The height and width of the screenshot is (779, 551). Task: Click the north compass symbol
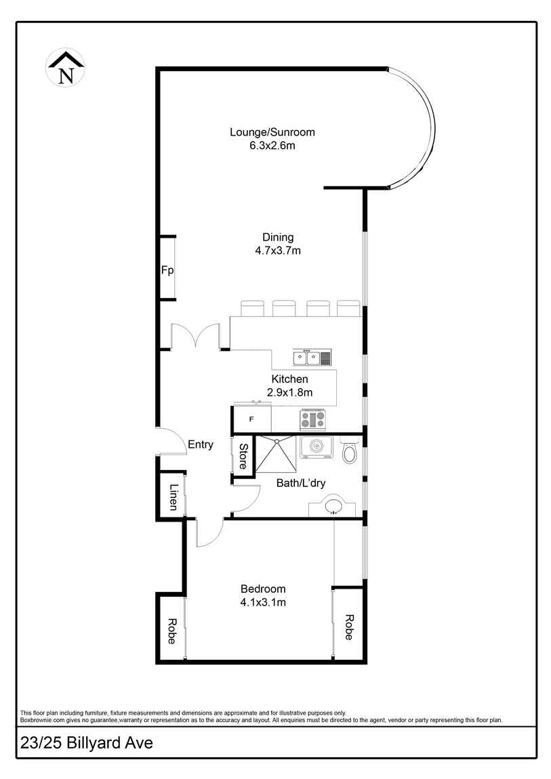[66, 68]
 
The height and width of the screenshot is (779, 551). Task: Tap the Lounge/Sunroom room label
[272, 132]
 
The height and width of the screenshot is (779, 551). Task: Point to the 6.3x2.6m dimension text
[272, 146]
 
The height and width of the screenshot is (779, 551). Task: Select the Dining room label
[278, 237]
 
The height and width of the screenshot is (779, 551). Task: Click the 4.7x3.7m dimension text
[278, 251]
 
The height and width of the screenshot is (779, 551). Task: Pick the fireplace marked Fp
[167, 270]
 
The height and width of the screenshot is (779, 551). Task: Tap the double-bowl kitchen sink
[312, 358]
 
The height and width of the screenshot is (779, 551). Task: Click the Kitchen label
[289, 379]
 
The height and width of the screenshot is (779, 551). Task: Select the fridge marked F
[252, 419]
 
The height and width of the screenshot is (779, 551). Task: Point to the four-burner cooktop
[313, 420]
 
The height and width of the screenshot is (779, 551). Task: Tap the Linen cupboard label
[174, 497]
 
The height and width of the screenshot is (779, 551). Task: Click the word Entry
[201, 445]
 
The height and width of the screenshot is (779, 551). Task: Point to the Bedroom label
[263, 589]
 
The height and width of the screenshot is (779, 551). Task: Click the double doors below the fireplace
[195, 336]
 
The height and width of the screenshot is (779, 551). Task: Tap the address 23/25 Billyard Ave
[87, 743]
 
